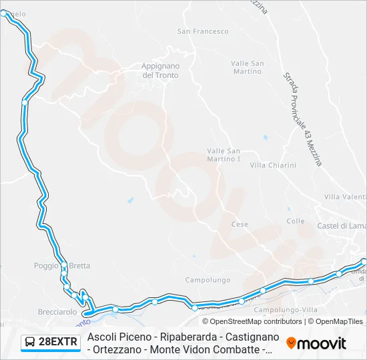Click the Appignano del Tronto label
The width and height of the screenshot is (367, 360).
(x=160, y=70)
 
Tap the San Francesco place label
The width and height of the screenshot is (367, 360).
(x=203, y=31)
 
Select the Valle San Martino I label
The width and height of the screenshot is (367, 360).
(x=224, y=155)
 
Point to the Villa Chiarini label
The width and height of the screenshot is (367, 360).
(x=272, y=165)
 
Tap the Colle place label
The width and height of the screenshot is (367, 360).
(x=295, y=221)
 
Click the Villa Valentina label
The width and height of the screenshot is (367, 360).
(x=345, y=197)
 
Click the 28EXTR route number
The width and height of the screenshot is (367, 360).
(x=59, y=343)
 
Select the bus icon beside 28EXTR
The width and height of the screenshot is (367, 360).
(x=31, y=343)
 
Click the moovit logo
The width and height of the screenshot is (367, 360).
(x=316, y=343)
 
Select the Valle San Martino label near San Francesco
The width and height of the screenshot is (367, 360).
(x=247, y=67)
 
